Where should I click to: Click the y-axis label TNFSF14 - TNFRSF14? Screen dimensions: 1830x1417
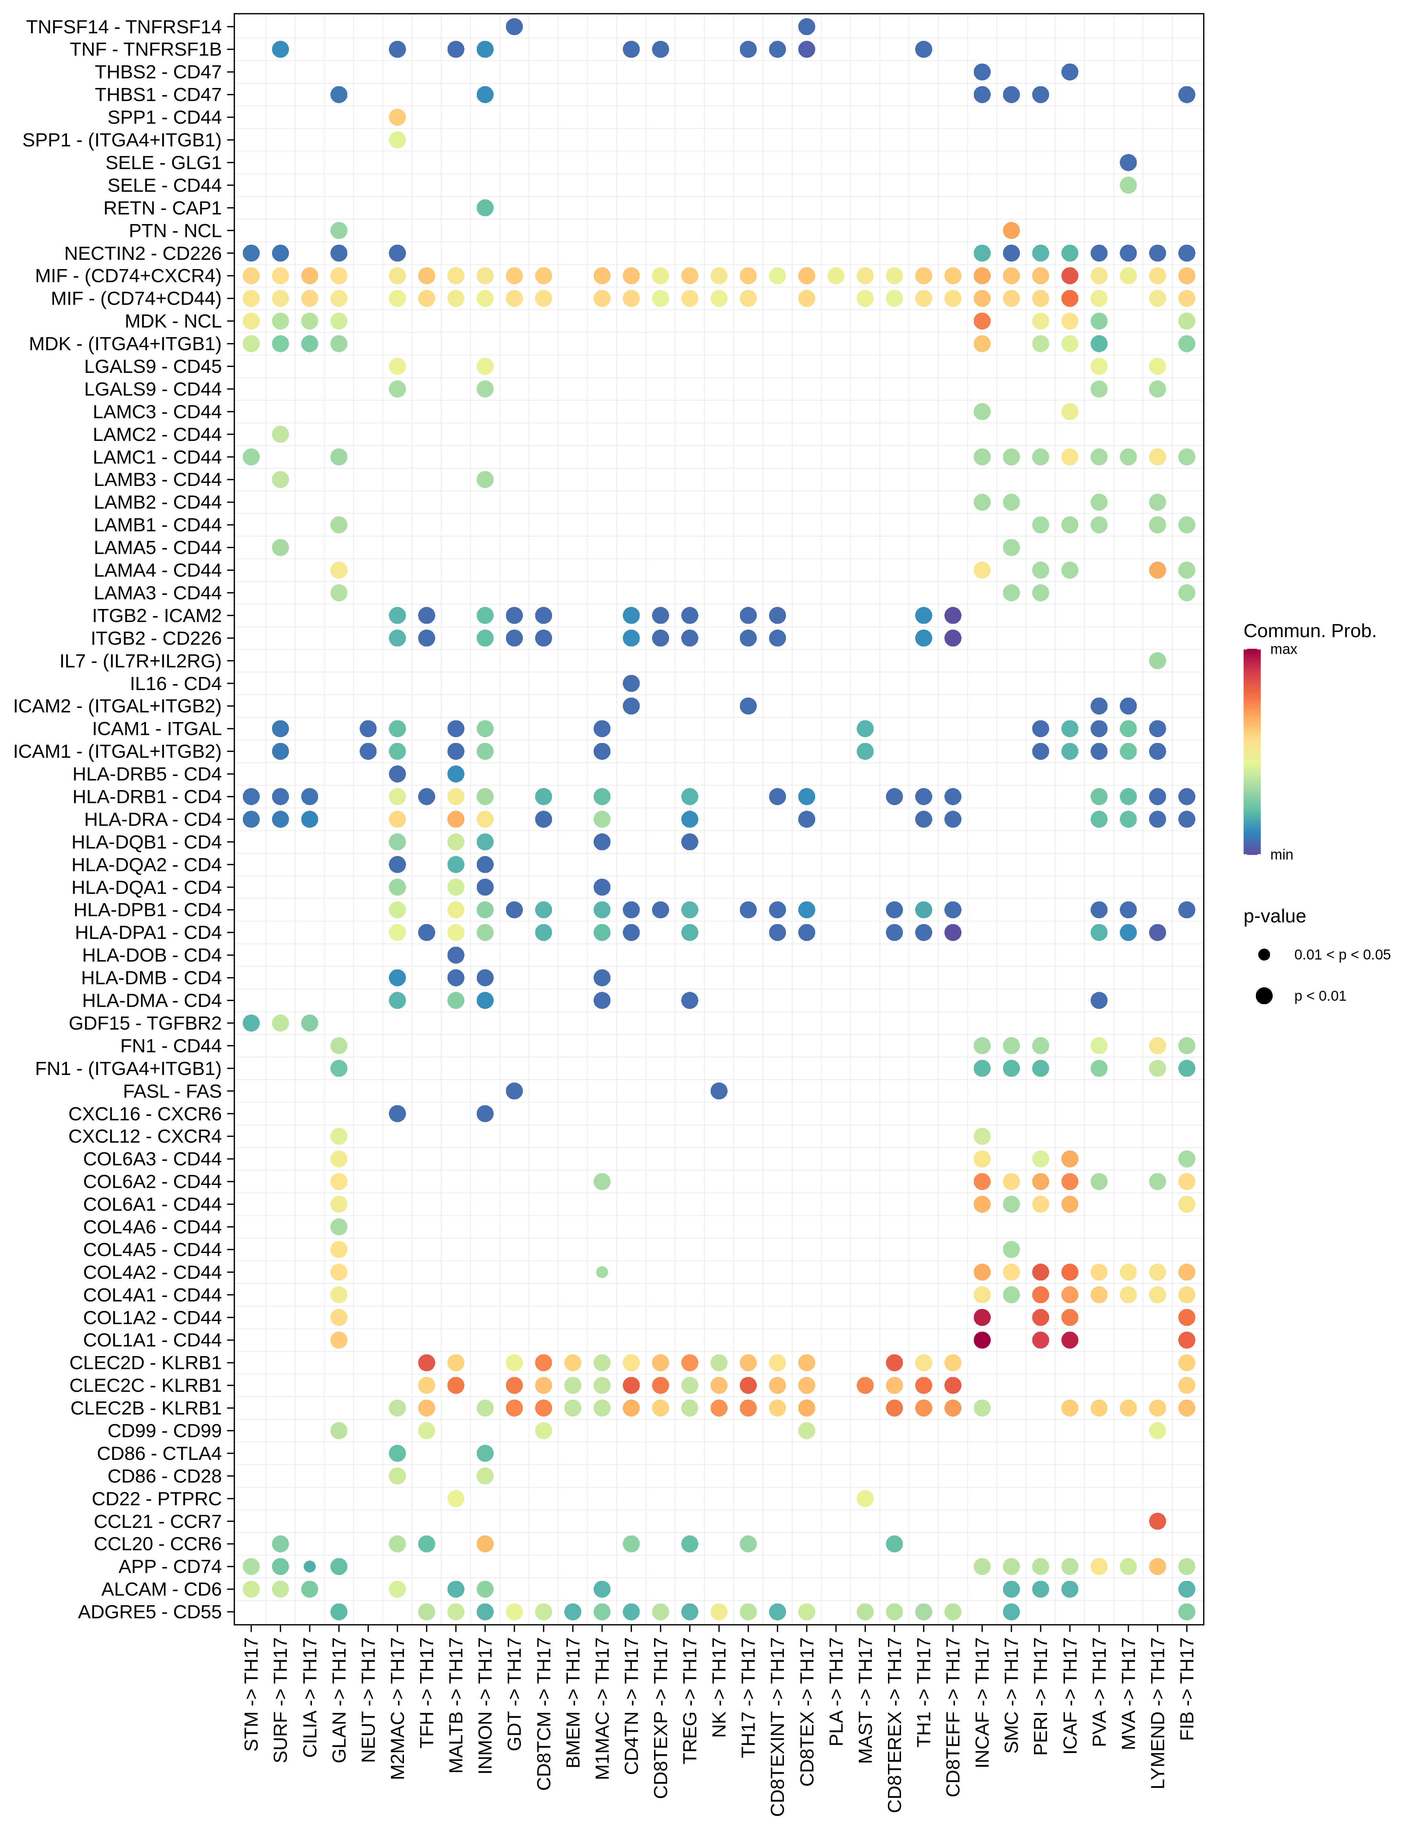click(x=124, y=27)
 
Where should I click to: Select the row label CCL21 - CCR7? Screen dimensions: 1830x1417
click(x=157, y=1521)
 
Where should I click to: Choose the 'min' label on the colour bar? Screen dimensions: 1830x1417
click(x=1281, y=855)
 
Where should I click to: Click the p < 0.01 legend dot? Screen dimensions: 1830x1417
click(x=1264, y=996)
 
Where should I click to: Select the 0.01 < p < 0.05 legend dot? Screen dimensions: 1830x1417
click(x=1264, y=954)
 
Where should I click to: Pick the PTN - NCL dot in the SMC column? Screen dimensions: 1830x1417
click(x=1011, y=231)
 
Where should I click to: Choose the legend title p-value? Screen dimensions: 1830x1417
click(x=1274, y=916)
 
